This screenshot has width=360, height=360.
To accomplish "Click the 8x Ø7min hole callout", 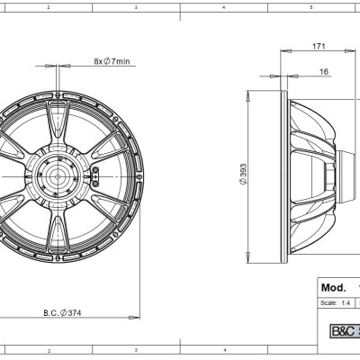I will coord(112,61).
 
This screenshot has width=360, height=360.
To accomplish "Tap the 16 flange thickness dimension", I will coord(322,73).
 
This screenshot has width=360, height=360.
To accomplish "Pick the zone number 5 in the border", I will coord(310,5).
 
